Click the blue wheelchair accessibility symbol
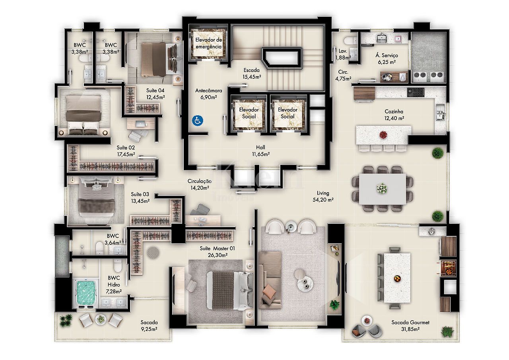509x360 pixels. tap(198, 121)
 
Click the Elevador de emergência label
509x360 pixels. tap(209, 43)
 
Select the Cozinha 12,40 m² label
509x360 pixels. tap(394, 115)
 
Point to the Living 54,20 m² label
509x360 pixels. tap(323, 197)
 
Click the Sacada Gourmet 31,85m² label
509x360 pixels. tap(410, 326)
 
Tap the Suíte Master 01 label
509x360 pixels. tap(217, 248)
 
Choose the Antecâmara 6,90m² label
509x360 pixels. tap(208, 94)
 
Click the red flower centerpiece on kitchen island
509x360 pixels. tap(383, 135)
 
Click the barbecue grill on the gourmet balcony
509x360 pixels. tap(448, 269)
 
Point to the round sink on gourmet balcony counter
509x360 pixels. tap(431, 232)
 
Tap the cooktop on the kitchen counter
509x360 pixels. tap(416, 92)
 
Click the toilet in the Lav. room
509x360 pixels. tap(350, 41)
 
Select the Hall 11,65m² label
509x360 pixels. tap(260, 151)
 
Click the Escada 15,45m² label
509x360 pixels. tap(252, 74)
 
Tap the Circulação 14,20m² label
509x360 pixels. tap(200, 184)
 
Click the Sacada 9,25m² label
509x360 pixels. tap(149, 326)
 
